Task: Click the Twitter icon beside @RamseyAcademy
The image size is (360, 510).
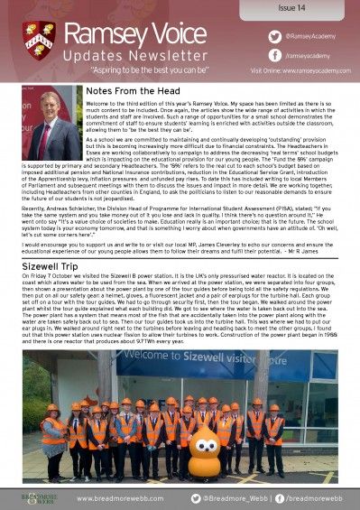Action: tap(248, 35)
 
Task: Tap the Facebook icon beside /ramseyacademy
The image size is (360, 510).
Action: tap(248, 54)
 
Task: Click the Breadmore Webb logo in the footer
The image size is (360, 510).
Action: tap(39, 497)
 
